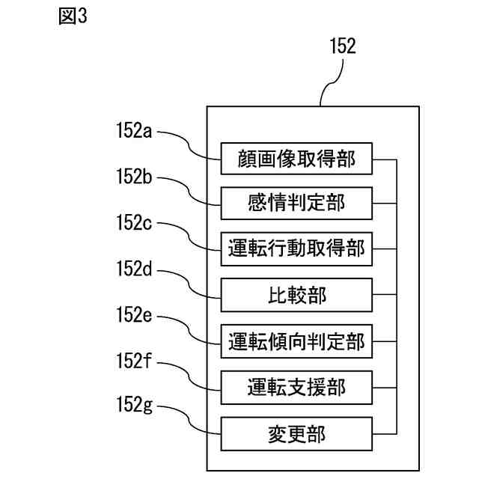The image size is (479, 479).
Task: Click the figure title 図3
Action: click(73, 16)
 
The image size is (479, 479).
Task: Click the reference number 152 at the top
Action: click(343, 46)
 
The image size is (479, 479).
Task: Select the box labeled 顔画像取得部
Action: click(296, 159)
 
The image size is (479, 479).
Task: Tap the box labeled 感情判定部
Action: click(296, 204)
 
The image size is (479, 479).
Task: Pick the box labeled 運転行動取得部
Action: click(296, 249)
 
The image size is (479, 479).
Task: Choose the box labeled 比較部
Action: click(296, 295)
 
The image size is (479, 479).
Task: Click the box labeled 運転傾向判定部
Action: click(296, 341)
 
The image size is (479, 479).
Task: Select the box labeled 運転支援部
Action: click(296, 388)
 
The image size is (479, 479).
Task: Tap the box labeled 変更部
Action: click(296, 434)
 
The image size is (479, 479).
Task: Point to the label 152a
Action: click(134, 130)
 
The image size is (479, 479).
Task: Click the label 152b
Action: click(134, 176)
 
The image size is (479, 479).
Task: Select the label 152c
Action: click(134, 222)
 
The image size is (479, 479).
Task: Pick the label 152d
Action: click(134, 269)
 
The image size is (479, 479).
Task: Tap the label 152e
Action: click(134, 314)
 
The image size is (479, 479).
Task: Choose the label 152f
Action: click(133, 361)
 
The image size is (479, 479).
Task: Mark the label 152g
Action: click(134, 405)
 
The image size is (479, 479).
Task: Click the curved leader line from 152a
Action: click(189, 146)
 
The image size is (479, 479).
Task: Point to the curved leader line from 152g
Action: click(189, 420)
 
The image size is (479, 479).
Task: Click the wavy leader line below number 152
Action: click(332, 82)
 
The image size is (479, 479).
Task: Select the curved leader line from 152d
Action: click(189, 284)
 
